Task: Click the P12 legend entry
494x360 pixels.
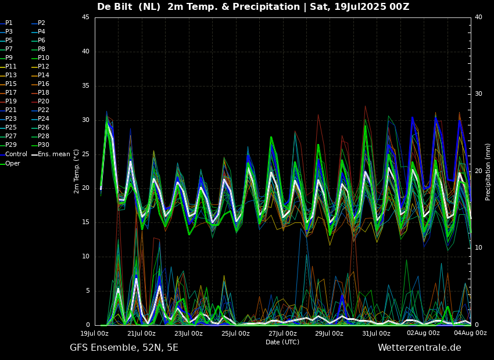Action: tap(44, 67)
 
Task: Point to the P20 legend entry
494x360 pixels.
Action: tap(44, 102)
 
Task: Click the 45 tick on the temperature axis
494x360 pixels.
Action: tap(85, 17)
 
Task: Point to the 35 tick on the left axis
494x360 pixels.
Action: tap(85, 86)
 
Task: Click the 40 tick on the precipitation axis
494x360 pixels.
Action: tap(479, 17)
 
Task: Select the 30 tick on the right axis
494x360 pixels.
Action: tap(479, 94)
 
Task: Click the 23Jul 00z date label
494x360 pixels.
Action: tap(188, 333)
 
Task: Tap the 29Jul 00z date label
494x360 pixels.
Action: tap(329, 333)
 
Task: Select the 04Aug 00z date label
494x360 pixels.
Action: tap(470, 333)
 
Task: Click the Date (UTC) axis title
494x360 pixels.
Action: tap(282, 342)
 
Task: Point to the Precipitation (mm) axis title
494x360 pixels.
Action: tap(488, 171)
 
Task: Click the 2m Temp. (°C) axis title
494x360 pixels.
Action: tap(77, 171)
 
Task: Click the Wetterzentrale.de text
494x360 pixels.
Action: tap(419, 348)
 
